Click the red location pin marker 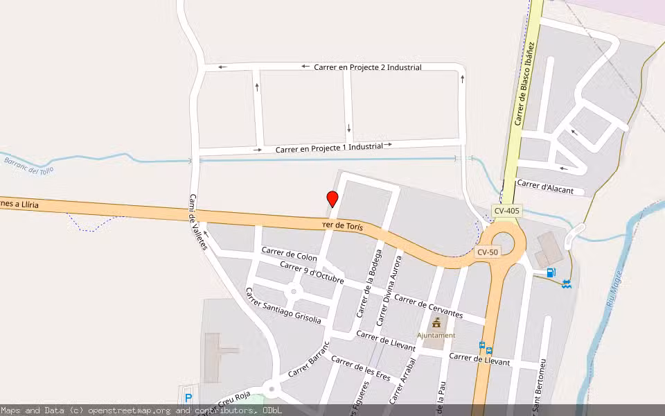(332, 199)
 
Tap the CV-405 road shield (507, 210)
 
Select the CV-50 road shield (488, 252)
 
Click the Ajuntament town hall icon (436, 323)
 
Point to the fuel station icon (551, 272)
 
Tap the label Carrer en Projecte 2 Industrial (367, 67)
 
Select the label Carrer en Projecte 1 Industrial (329, 148)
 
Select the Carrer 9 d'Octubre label (312, 271)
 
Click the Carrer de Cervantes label (428, 306)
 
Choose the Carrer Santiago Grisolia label (283, 306)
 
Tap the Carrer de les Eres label (361, 370)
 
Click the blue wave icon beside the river (567, 283)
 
